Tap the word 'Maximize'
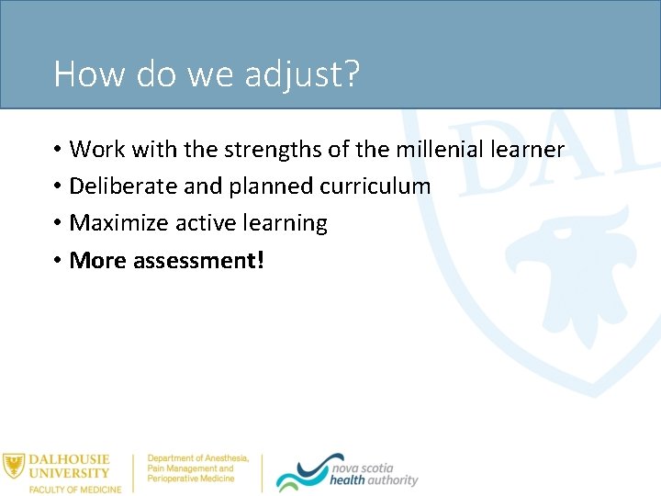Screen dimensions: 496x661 click(x=118, y=223)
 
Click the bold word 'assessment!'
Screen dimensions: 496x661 click(x=198, y=261)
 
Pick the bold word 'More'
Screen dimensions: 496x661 click(x=98, y=261)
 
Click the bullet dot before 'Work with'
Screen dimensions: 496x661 click(x=57, y=150)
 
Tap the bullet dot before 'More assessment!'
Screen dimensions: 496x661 click(x=57, y=262)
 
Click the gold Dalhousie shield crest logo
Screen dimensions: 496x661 click(x=13, y=466)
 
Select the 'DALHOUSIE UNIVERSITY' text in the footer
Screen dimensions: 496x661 click(x=69, y=466)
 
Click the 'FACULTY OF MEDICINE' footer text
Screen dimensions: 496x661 click(x=74, y=489)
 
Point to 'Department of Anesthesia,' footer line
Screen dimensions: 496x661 click(x=198, y=457)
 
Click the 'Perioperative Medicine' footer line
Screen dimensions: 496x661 click(x=191, y=479)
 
